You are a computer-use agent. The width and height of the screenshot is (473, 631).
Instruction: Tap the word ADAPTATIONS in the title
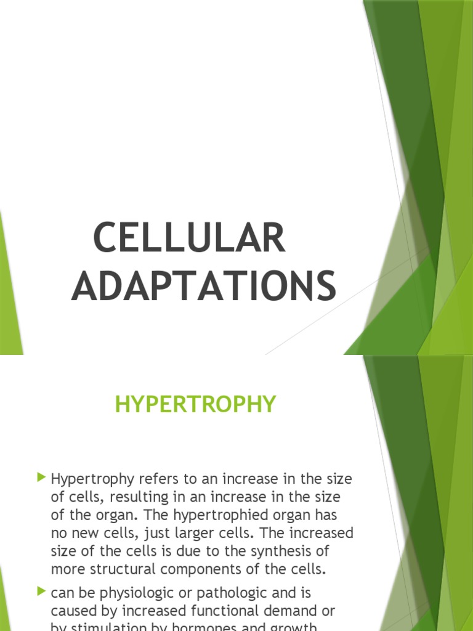pyautogui.click(x=204, y=286)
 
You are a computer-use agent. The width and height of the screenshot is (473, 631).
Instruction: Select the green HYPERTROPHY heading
pyautogui.click(x=196, y=404)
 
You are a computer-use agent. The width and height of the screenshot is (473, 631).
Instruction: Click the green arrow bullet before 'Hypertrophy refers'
pyautogui.click(x=41, y=477)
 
